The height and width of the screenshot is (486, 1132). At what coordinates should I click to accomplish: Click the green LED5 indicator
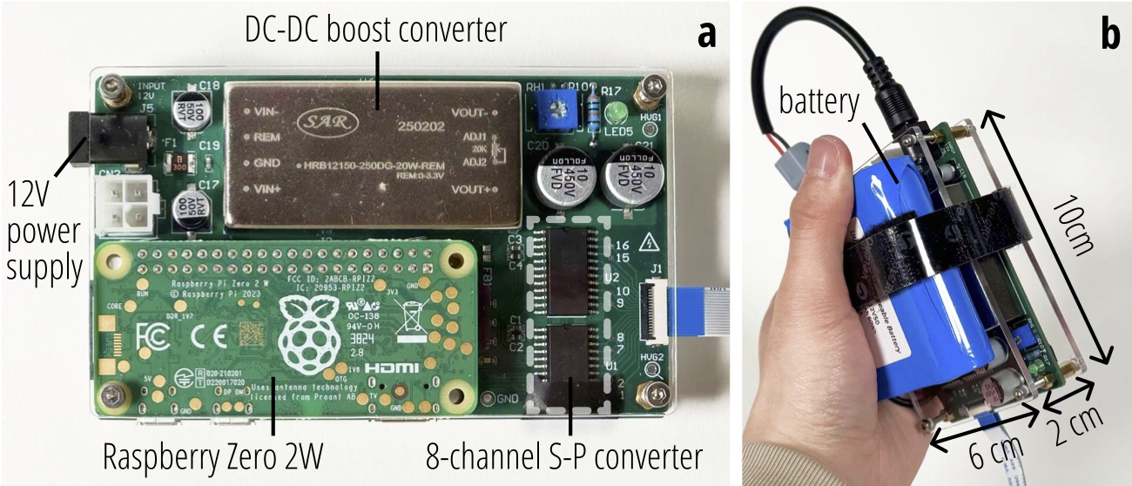click(619, 114)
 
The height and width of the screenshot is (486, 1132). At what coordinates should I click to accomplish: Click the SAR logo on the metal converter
click(319, 120)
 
